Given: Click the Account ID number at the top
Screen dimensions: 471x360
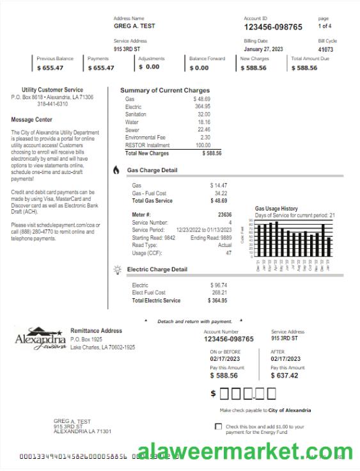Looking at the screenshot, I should pyautogui.click(x=273, y=27).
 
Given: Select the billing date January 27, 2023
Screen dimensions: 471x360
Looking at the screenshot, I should pyautogui.click(x=263, y=49).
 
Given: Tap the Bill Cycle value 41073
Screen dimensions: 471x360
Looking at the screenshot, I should pyautogui.click(x=325, y=49).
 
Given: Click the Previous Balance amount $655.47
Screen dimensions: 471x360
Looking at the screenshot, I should pyautogui.click(x=50, y=67).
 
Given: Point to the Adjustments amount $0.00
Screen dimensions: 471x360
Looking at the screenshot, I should pyautogui.click(x=149, y=67).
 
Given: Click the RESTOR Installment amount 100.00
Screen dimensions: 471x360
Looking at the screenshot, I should pyautogui.click(x=203, y=145).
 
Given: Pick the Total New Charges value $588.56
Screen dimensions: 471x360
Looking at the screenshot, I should pyautogui.click(x=212, y=154).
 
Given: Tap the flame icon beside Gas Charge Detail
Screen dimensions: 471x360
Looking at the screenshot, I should pyautogui.click(x=116, y=170).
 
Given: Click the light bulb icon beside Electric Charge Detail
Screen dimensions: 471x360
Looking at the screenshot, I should pyautogui.click(x=117, y=269).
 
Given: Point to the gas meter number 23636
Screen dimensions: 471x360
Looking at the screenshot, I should pyautogui.click(x=224, y=215).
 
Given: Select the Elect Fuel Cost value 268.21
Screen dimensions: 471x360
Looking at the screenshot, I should pyautogui.click(x=219, y=292).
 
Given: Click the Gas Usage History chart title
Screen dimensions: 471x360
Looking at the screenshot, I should pyautogui.click(x=276, y=209).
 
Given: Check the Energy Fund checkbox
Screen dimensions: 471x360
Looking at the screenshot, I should pyautogui.click(x=219, y=426).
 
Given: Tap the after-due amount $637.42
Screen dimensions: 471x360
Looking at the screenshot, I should pyautogui.click(x=284, y=376).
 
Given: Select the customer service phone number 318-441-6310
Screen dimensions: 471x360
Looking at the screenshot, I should pyautogui.click(x=52, y=104).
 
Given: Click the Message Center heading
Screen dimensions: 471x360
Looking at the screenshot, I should pyautogui.click(x=31, y=120).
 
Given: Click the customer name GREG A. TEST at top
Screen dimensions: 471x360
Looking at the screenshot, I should pyautogui.click(x=134, y=26).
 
